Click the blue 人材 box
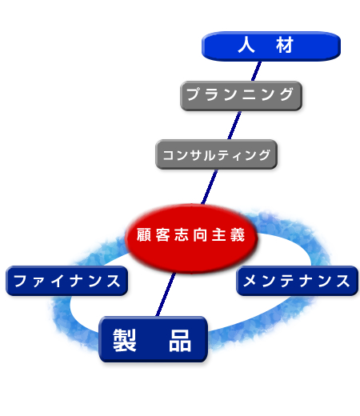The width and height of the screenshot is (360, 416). click(x=271, y=46)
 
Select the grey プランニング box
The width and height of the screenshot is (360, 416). click(x=241, y=96)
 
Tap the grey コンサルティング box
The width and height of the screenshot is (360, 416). click(x=216, y=154)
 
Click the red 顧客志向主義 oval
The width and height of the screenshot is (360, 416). click(x=191, y=238)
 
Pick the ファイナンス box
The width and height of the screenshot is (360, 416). click(x=66, y=281)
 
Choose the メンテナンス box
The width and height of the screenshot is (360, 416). click(x=297, y=281)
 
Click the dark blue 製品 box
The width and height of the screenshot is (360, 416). click(x=153, y=339)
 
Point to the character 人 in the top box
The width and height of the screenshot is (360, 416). click(x=246, y=45)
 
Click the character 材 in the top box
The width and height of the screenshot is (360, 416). click(x=285, y=45)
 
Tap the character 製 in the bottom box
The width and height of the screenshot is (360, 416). click(x=125, y=340)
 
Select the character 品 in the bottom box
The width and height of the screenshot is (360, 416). click(x=180, y=340)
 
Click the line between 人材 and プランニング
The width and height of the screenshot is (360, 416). click(x=256, y=71)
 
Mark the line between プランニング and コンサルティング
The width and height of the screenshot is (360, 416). click(x=234, y=125)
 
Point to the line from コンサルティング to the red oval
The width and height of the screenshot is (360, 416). click(x=210, y=186)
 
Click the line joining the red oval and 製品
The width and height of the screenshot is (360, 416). click(x=166, y=294)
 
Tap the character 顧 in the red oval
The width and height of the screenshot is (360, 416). click(x=144, y=234)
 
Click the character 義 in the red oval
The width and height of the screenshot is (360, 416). click(x=238, y=234)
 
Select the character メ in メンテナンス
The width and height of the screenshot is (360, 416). click(x=250, y=281)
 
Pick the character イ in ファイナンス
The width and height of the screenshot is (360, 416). click(x=57, y=281)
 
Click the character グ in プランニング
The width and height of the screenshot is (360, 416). click(x=286, y=94)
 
